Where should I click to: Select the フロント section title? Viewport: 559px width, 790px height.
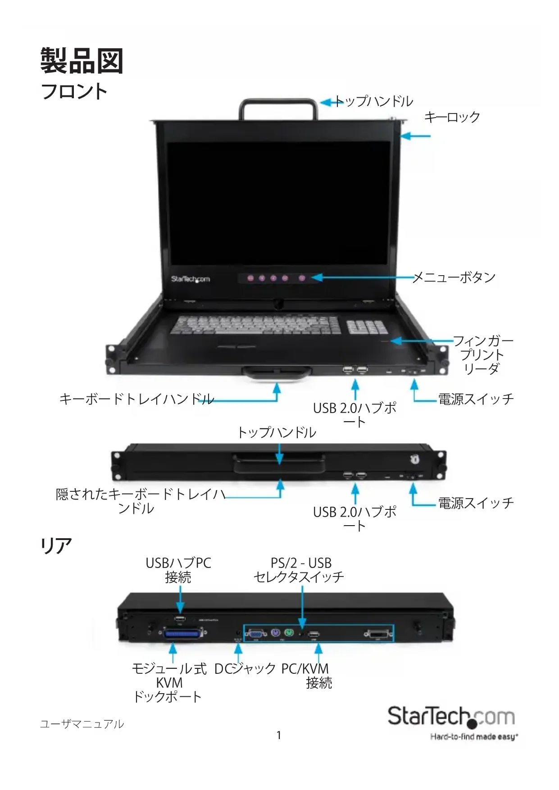[x=74, y=91]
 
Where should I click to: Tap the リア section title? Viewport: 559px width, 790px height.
[x=56, y=545]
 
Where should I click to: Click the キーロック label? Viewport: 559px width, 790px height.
[x=452, y=117]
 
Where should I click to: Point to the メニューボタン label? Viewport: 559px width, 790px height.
[x=454, y=277]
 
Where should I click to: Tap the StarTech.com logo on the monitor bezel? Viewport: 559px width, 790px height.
[x=190, y=279]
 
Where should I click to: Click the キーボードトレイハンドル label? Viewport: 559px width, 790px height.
[x=136, y=399]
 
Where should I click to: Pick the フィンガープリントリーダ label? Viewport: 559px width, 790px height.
[x=482, y=354]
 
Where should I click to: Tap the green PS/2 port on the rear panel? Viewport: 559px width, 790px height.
[x=289, y=633]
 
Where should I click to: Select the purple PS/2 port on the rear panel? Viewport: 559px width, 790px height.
[x=276, y=633]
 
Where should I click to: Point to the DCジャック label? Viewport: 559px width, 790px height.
[x=245, y=669]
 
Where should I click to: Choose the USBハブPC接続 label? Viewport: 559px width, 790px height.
[x=178, y=570]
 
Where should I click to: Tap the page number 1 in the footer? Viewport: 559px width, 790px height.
[x=279, y=736]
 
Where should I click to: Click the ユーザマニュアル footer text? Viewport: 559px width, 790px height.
[x=82, y=724]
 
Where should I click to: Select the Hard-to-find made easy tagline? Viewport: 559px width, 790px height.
[x=474, y=737]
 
